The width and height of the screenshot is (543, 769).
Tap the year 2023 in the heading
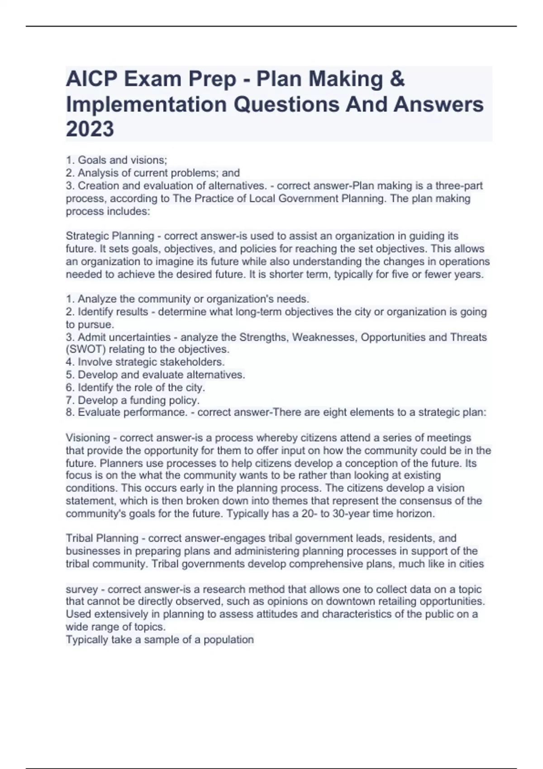pyautogui.click(x=90, y=129)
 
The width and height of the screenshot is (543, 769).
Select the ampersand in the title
pyautogui.click(x=397, y=80)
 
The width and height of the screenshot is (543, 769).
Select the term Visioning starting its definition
pyautogui.click(x=88, y=438)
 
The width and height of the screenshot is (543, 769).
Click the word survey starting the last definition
pyautogui.click(x=82, y=589)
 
